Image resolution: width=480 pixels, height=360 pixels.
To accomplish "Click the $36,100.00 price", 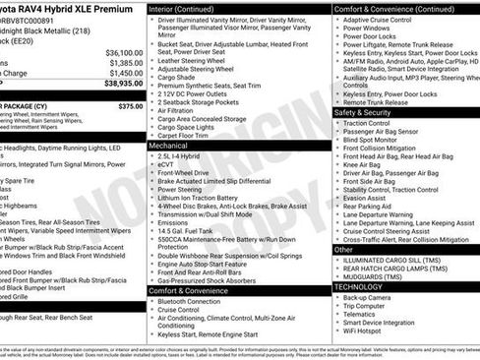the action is click(x=124, y=52).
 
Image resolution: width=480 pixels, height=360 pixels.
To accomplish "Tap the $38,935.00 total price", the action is click(x=123, y=85).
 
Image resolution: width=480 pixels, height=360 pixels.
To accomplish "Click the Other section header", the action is click(x=344, y=250).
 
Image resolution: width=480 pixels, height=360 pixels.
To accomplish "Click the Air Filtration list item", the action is click(x=182, y=110).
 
